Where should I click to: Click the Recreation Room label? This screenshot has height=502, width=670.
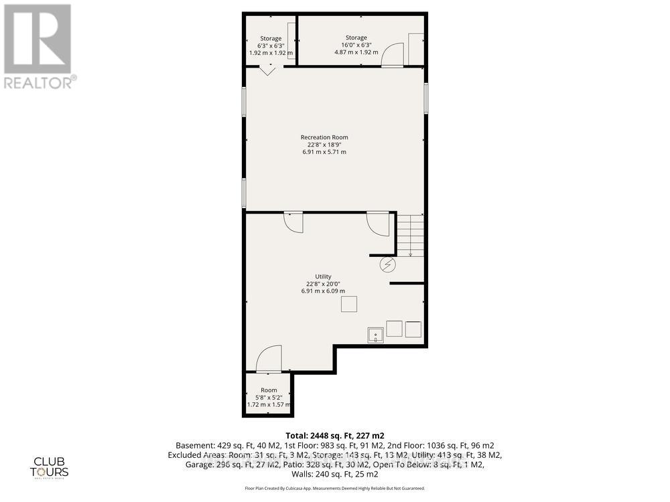pyautogui.click(x=324, y=145)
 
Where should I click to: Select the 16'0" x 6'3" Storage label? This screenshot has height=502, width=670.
pyautogui.click(x=356, y=45)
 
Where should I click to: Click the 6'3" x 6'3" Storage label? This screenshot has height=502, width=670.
pyautogui.click(x=271, y=45)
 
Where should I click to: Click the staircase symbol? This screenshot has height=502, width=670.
pyautogui.click(x=411, y=234)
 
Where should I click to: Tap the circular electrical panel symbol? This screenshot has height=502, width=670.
pyautogui.click(x=388, y=265)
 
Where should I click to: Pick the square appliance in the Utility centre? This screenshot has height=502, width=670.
pyautogui.click(x=349, y=304)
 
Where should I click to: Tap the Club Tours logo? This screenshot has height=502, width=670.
pyautogui.click(x=52, y=465)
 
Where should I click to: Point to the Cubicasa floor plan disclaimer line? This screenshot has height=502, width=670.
pyautogui.click(x=335, y=489)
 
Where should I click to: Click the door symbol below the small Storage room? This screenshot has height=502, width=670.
pyautogui.click(x=267, y=70)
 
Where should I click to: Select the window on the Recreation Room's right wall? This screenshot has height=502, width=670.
pyautogui.click(x=425, y=97)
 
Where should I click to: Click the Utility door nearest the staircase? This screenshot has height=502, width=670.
pyautogui.click(x=378, y=223)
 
